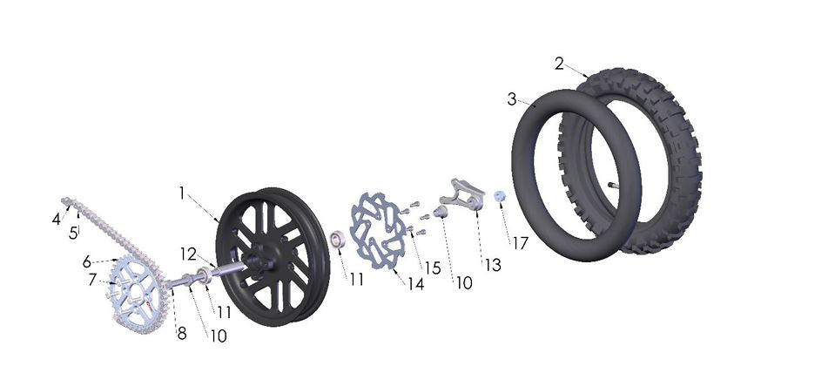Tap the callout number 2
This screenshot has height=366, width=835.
559,64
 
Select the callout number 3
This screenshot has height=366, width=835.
512,99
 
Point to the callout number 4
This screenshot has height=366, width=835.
56,220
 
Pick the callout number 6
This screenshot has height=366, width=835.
87,261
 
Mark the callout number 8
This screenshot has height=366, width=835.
181,333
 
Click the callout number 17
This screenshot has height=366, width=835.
520,244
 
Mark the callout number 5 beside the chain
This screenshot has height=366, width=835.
74,233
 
